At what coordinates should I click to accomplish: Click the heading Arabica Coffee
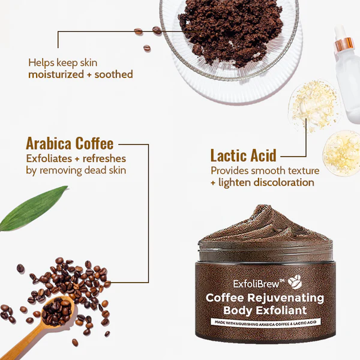(x=70, y=144)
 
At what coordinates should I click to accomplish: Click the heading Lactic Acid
(x=242, y=155)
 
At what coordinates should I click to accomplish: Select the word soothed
(x=114, y=74)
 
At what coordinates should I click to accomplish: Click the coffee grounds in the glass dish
(x=229, y=30)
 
